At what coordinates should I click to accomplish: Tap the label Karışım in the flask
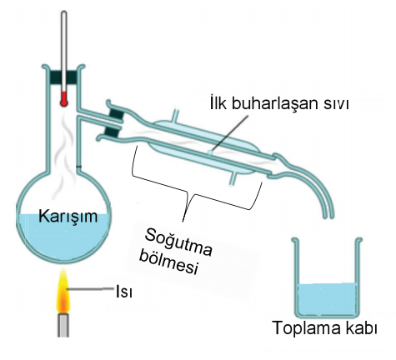point(68,217)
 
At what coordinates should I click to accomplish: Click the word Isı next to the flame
point(124,292)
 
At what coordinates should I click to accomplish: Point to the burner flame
point(63,292)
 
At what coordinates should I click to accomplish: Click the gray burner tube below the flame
point(63,325)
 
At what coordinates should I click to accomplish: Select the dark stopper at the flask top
point(64,77)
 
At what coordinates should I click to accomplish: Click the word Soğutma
point(178,242)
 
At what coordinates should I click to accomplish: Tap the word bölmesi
point(169,262)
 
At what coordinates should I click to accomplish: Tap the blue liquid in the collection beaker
point(327,299)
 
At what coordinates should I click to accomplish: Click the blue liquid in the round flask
point(63,236)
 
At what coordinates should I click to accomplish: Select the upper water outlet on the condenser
point(176,115)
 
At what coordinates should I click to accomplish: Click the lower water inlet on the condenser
point(233,178)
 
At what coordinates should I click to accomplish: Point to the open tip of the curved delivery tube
point(328,217)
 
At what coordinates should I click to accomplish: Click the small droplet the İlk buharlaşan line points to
point(210,152)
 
